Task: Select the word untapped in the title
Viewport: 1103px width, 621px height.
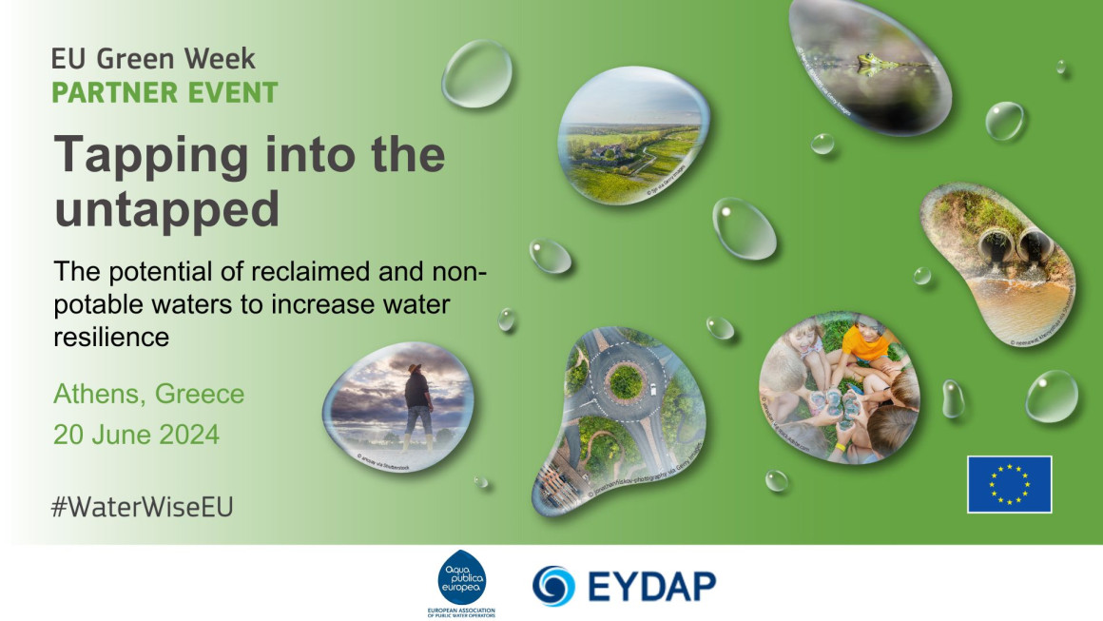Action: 166,208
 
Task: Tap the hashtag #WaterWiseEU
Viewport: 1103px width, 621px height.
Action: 143,507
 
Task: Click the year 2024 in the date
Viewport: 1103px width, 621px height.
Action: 185,436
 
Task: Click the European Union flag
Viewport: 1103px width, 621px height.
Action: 1009,484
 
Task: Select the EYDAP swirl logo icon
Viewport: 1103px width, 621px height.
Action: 553,586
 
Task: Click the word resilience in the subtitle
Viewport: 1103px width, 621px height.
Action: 112,337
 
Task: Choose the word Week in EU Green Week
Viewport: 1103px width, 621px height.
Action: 223,59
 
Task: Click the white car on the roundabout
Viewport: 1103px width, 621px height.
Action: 655,389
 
